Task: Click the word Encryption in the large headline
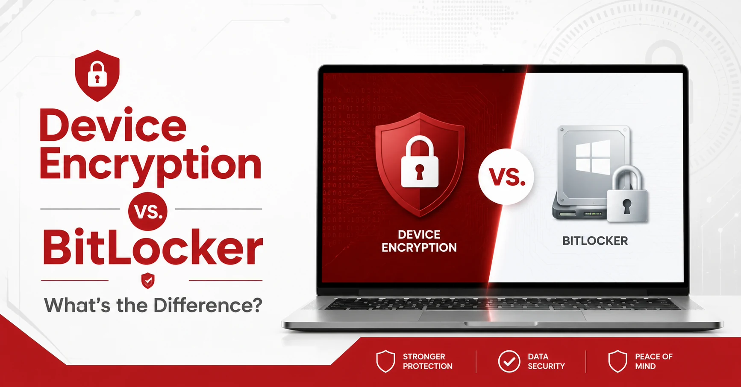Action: click(x=150, y=165)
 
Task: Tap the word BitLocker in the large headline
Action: click(x=153, y=248)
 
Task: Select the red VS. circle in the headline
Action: click(x=147, y=211)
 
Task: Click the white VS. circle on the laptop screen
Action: click(x=506, y=177)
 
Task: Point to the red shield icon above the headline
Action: click(x=97, y=76)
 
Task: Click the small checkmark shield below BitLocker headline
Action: click(x=148, y=281)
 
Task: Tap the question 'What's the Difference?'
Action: click(x=153, y=306)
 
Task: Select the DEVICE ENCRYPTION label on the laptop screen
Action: click(x=419, y=241)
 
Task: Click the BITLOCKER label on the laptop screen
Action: click(x=595, y=241)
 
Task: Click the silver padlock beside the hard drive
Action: click(x=626, y=194)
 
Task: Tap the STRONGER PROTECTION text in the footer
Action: click(x=427, y=361)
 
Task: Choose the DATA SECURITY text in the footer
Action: click(x=546, y=361)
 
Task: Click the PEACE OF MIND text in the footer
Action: click(x=653, y=361)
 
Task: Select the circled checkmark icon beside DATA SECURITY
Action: click(x=509, y=361)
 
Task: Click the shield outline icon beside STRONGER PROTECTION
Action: click(x=385, y=361)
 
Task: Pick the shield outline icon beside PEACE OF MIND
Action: click(x=617, y=361)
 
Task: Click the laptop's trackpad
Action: click(x=502, y=316)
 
